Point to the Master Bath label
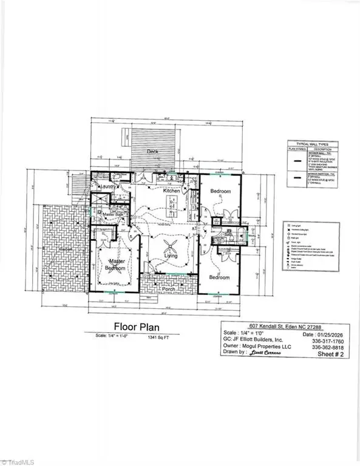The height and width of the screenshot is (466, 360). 113,215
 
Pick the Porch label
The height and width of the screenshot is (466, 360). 168,289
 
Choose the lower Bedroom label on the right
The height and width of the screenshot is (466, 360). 220,277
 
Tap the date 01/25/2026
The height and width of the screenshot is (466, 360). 324,333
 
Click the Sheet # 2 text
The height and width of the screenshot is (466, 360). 327,357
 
